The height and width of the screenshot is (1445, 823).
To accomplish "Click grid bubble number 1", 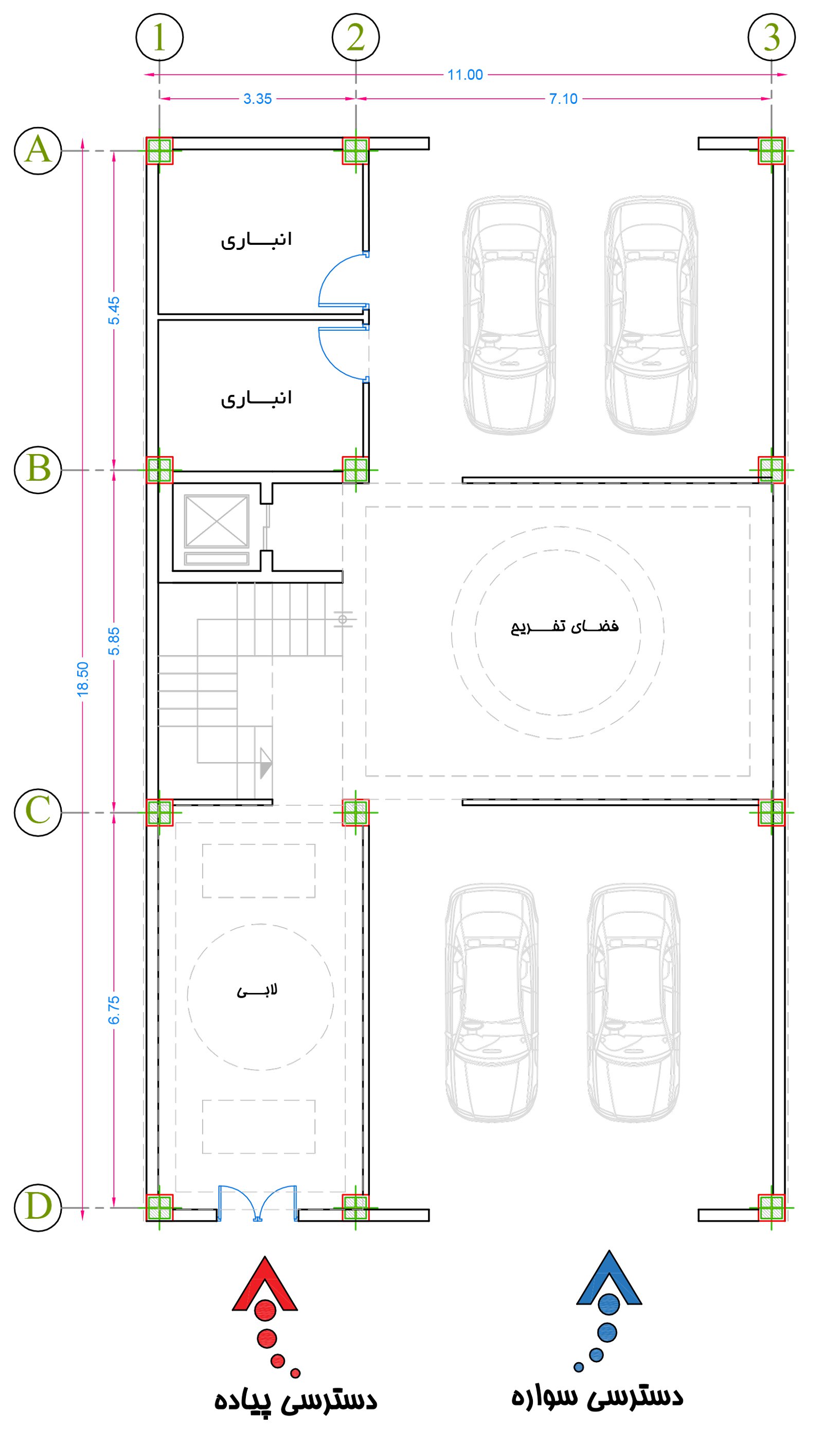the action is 159,38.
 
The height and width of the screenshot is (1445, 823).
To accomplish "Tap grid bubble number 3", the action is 772,38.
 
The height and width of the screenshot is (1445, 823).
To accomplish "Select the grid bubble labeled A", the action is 38,151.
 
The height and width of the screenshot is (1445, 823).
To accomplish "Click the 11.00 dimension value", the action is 465,75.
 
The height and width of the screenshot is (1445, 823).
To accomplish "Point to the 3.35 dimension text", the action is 258,99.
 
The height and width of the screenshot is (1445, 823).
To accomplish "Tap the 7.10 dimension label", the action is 564,99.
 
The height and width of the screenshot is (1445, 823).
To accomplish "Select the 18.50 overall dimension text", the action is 82,679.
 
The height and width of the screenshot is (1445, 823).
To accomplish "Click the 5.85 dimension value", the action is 114,641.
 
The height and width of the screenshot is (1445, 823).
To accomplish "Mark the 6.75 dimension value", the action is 114,1010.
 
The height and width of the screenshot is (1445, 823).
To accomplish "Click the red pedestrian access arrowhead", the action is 264,1284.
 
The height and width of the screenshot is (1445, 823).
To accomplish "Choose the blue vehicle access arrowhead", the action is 609,1278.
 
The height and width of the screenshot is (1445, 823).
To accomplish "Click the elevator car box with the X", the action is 217,521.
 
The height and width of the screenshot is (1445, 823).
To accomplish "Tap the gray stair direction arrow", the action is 265,764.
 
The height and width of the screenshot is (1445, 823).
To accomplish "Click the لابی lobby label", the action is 257,990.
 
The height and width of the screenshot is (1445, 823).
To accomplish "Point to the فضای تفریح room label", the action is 565,627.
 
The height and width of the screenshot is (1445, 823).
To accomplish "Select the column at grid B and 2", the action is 355,469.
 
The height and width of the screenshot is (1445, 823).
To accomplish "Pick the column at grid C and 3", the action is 772,812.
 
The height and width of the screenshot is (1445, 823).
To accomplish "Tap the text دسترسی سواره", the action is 598,1396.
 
